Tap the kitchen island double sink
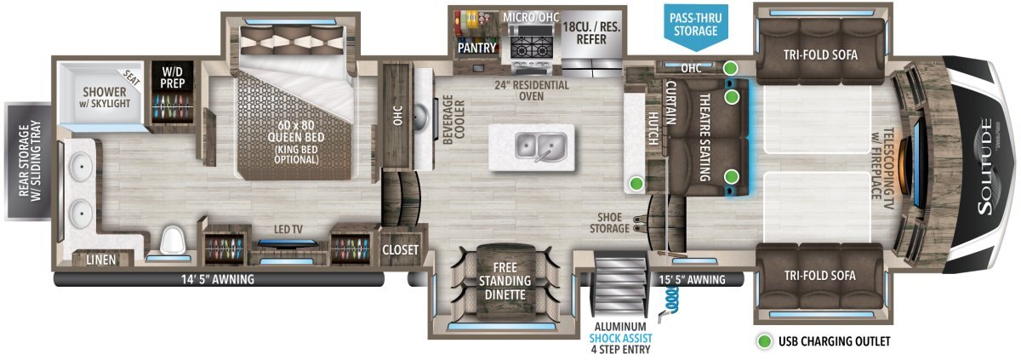click(541, 146)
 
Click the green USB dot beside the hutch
click(636, 184)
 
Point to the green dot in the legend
click(764, 341)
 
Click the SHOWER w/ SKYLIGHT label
click(105, 97)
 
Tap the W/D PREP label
click(173, 77)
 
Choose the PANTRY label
click(476, 48)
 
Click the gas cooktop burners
click(531, 48)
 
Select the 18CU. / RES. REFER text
click(591, 33)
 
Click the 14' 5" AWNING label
click(218, 279)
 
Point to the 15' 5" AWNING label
click(692, 279)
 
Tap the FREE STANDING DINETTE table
click(505, 281)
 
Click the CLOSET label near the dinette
click(400, 249)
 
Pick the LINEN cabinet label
click(100, 260)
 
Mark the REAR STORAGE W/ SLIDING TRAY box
click(28, 162)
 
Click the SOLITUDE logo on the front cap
click(985, 166)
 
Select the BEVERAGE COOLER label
click(453, 120)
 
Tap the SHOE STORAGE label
click(609, 223)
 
